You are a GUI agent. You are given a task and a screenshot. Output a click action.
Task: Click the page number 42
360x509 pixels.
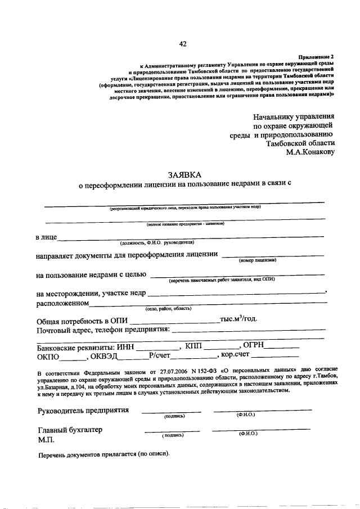point(183,44)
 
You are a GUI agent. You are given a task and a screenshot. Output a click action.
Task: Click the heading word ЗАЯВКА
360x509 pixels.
point(183,176)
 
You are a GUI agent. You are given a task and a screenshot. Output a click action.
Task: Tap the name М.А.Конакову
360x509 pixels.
point(310,151)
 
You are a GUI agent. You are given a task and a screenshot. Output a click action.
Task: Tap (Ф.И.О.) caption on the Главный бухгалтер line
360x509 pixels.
point(247,434)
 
